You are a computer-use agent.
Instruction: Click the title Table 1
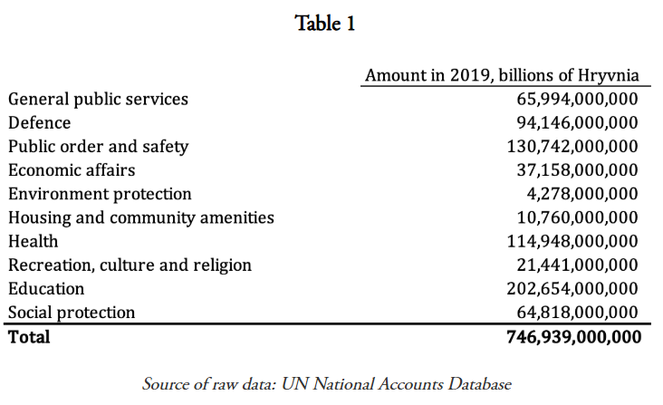click(325, 24)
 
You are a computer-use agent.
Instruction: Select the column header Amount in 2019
click(501, 75)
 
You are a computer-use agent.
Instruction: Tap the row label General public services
click(98, 99)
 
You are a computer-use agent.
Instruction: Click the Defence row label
click(39, 122)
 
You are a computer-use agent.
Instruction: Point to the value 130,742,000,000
click(572, 146)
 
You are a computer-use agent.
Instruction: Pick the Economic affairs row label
click(72, 169)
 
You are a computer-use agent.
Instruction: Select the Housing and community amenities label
click(140, 217)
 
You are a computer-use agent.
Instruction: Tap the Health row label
click(33, 241)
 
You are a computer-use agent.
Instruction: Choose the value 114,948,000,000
click(572, 241)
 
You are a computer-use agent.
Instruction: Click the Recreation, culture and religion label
click(130, 265)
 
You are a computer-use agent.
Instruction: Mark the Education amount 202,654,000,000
click(572, 288)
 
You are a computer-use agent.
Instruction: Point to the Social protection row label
click(72, 313)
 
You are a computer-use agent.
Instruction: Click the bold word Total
click(29, 337)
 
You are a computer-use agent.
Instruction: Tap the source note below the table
click(327, 383)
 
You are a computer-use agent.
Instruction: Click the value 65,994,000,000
click(577, 99)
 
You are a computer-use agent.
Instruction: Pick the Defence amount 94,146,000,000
click(577, 122)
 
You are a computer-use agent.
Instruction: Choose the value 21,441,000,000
click(577, 265)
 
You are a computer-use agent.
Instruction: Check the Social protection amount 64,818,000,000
click(577, 313)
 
